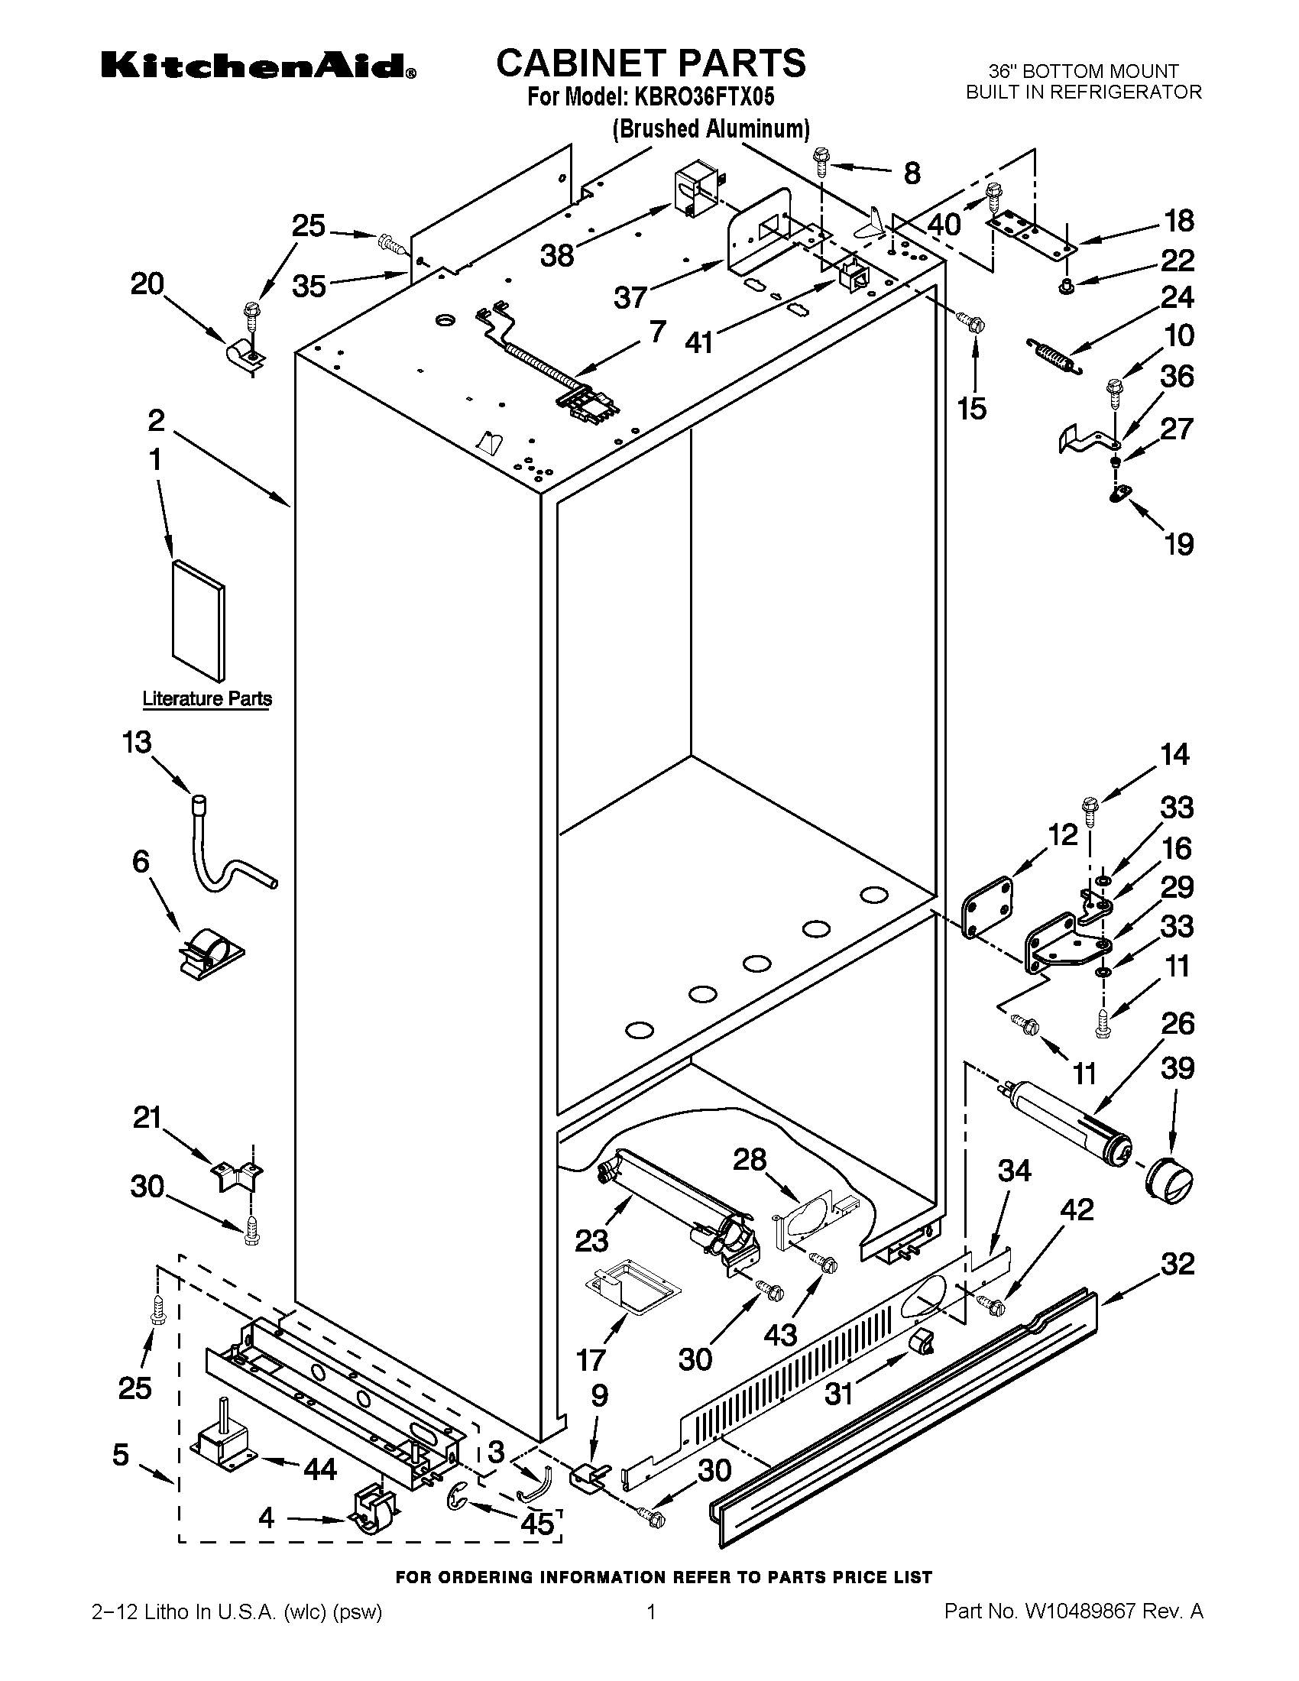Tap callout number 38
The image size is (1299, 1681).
557,254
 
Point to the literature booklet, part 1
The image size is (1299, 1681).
199,620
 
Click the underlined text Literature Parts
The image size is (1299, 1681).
207,699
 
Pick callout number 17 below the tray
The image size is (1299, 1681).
591,1360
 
